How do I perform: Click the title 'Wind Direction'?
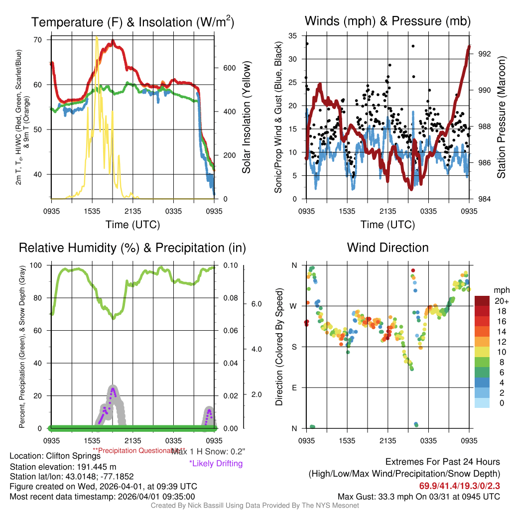click(x=387, y=248)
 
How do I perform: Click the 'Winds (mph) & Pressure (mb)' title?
click(x=387, y=21)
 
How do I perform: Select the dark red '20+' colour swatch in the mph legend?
click(x=482, y=301)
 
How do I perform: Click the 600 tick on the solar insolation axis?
click(x=229, y=68)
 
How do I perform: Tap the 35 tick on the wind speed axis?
click(x=293, y=36)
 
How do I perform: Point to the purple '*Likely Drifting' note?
click(x=216, y=463)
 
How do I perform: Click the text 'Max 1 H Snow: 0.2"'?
click(x=208, y=451)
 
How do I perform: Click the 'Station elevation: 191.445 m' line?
click(x=63, y=467)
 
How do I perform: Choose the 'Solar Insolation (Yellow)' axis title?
click(x=247, y=117)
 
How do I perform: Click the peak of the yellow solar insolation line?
click(x=97, y=37)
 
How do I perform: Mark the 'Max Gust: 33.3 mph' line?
click(x=418, y=496)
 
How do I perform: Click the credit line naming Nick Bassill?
click(x=255, y=506)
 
